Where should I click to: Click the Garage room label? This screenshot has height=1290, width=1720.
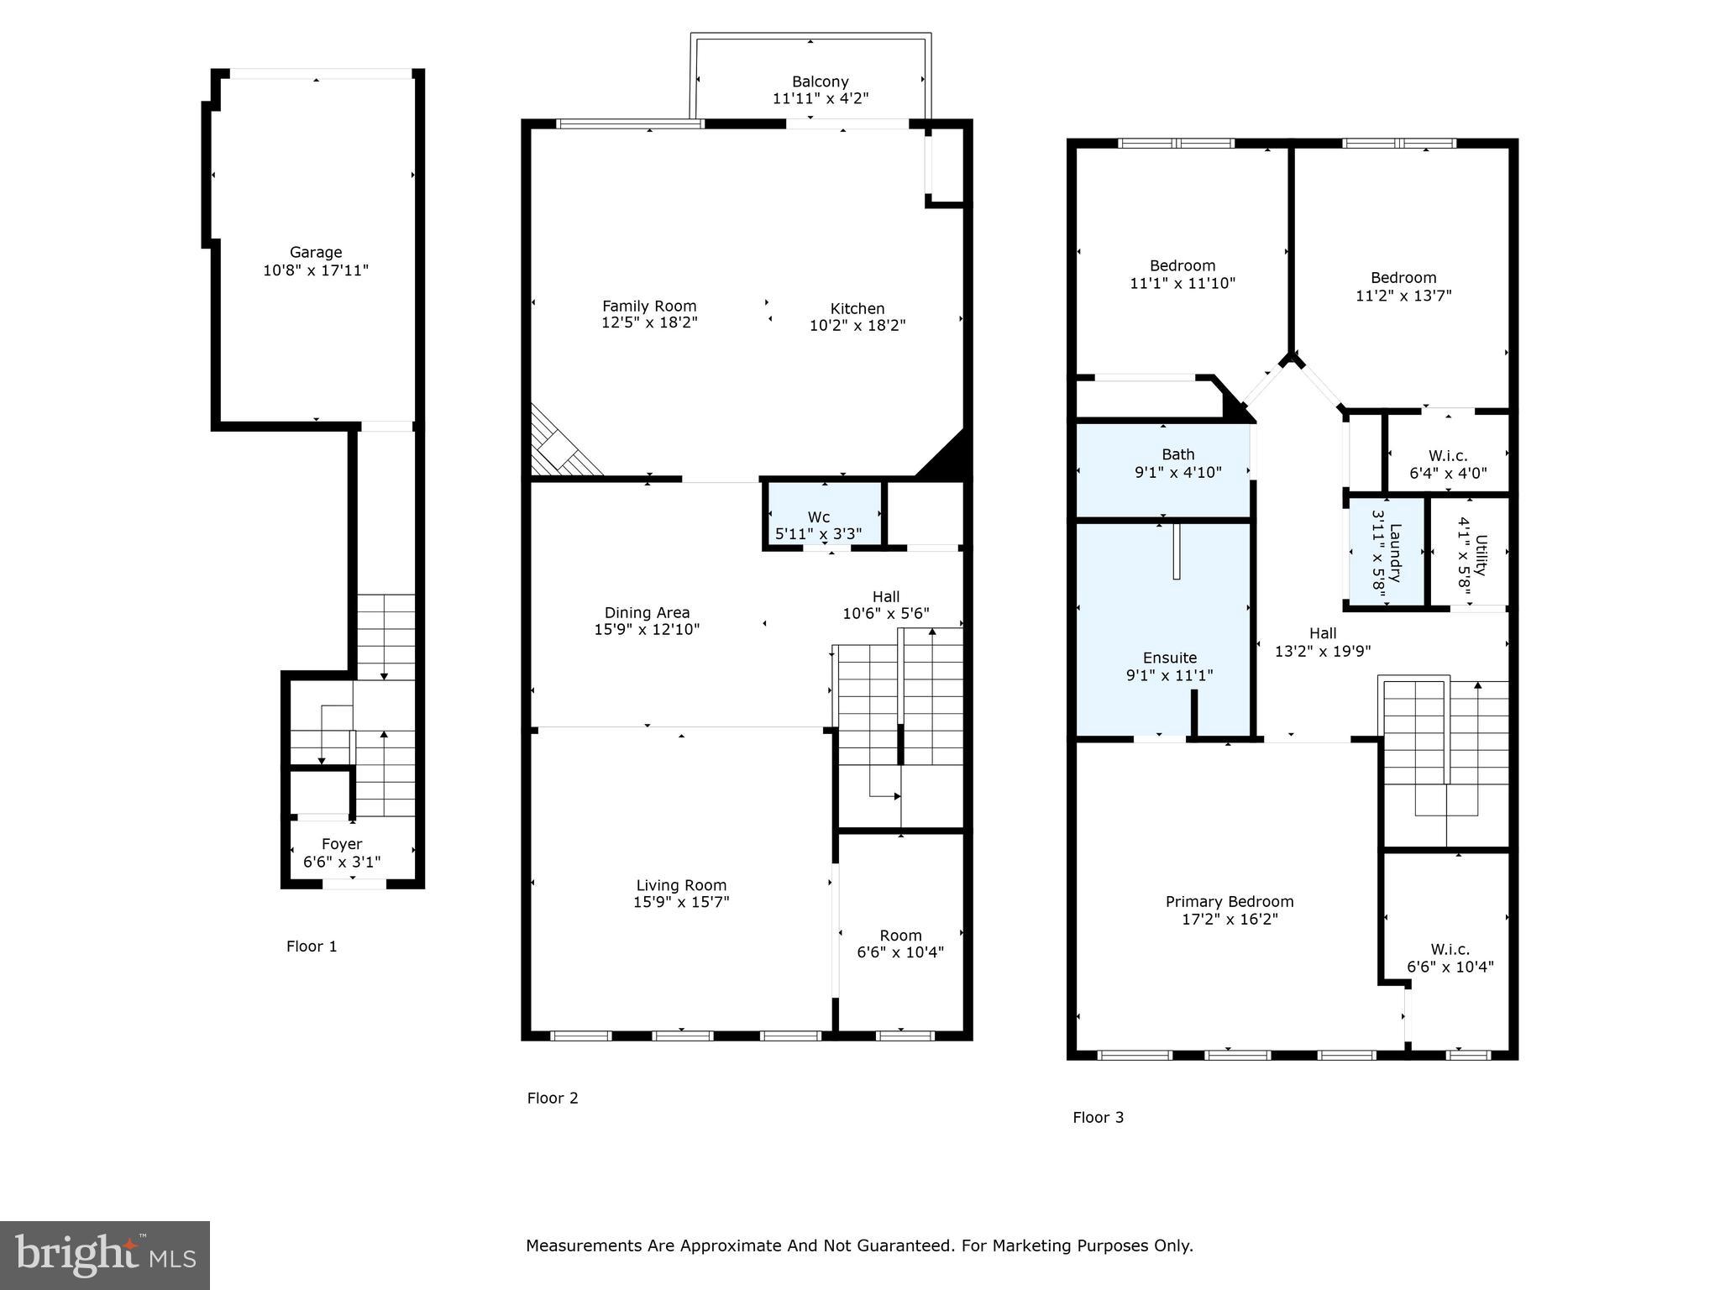coord(315,252)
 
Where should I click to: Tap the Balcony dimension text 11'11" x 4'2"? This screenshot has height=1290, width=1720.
coord(820,99)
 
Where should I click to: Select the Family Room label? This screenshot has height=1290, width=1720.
coord(649,307)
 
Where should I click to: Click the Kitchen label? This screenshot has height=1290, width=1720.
coord(857,308)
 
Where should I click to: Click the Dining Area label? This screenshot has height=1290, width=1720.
coord(647,613)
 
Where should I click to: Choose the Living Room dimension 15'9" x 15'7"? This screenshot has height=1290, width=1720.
coord(681,903)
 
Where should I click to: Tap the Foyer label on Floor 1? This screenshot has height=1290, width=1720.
coord(342,844)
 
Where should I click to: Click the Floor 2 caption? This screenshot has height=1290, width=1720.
coord(553,1099)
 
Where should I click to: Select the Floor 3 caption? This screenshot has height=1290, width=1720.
coord(1098,1118)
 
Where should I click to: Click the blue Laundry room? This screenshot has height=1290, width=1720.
coord(1387,552)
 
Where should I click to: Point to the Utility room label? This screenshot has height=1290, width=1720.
coord(1480,555)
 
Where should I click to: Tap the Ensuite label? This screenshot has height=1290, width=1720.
coord(1169,658)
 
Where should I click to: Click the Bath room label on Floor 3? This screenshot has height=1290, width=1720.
coord(1177,454)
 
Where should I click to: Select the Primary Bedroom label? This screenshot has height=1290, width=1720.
coord(1229,902)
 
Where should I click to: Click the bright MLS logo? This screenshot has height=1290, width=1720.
coord(104,1256)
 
